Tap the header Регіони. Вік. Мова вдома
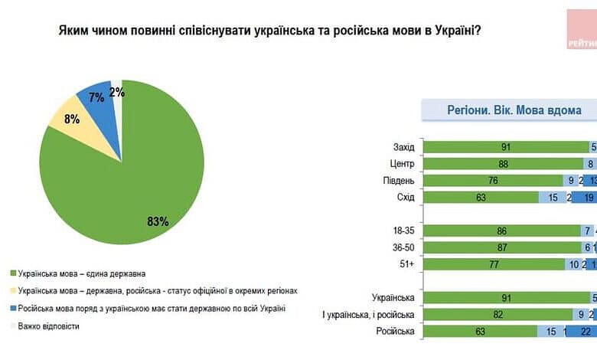pos(514,110)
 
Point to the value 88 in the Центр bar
pos(503,163)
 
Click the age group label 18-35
pos(403,230)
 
